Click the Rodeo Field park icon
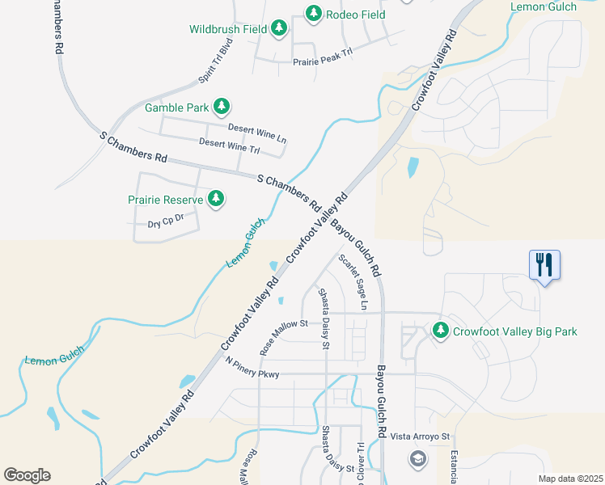[314, 13]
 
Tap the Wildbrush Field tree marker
[279, 28]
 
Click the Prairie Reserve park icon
[215, 199]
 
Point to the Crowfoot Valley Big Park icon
[441, 331]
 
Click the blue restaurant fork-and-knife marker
[544, 264]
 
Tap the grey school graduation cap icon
[417, 460]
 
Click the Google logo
[27, 475]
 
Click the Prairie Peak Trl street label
[323, 56]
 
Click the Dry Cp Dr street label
[167, 221]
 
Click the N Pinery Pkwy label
[252, 368]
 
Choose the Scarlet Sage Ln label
[353, 282]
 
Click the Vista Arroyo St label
[419, 436]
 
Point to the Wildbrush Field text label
[228, 29]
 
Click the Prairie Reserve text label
[164, 199]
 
